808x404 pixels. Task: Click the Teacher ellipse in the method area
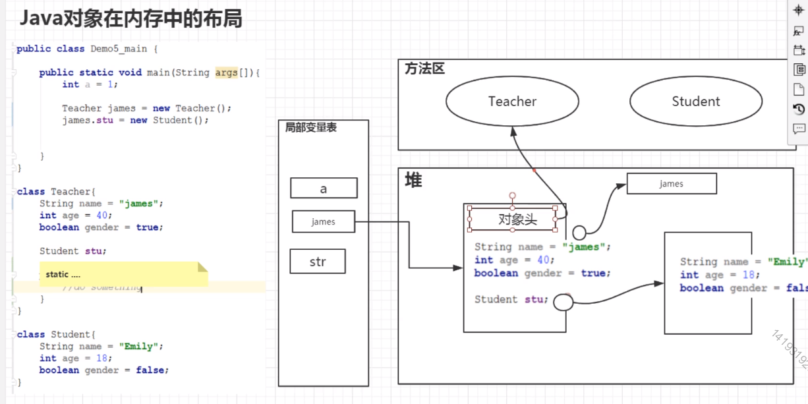tap(512, 101)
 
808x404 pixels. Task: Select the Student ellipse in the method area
tap(696, 101)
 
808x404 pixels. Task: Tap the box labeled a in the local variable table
tap(324, 188)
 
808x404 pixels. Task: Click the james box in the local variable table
tap(324, 222)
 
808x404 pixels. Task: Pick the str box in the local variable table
tap(318, 262)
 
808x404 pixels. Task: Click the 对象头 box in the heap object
tap(512, 219)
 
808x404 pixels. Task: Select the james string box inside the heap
tap(671, 184)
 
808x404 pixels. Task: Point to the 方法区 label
tap(424, 69)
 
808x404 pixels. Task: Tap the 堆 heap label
tap(413, 180)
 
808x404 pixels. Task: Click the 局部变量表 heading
tap(310, 128)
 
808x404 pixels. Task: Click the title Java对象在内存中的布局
tap(130, 18)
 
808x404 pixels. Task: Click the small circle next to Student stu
tap(563, 303)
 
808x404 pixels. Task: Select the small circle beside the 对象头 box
tap(579, 232)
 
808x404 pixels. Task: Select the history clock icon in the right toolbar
tap(799, 109)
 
